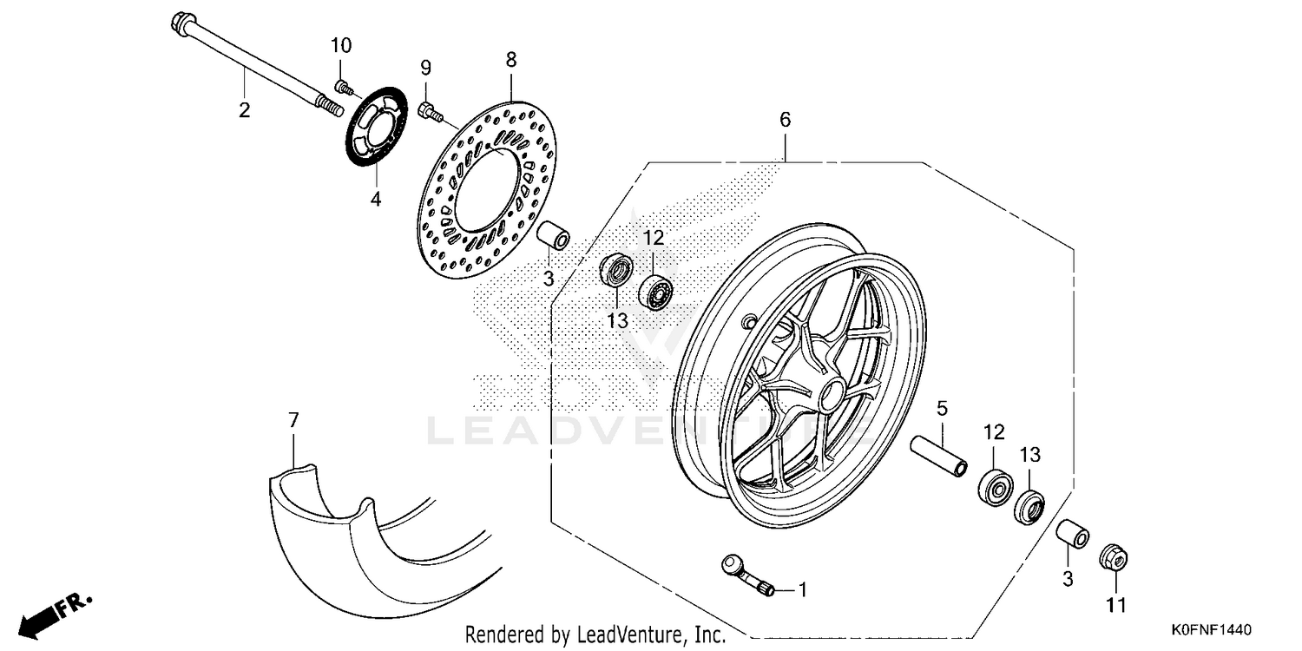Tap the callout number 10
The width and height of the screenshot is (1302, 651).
click(341, 45)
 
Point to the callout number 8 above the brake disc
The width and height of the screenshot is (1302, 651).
click(510, 60)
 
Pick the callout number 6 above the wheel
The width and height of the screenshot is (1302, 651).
click(785, 121)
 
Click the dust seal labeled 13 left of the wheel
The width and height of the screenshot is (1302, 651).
click(617, 270)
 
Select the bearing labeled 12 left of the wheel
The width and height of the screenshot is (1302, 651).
click(657, 292)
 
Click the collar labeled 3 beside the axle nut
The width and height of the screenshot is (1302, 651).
click(1071, 536)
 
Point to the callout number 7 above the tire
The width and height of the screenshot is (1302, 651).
click(293, 421)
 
